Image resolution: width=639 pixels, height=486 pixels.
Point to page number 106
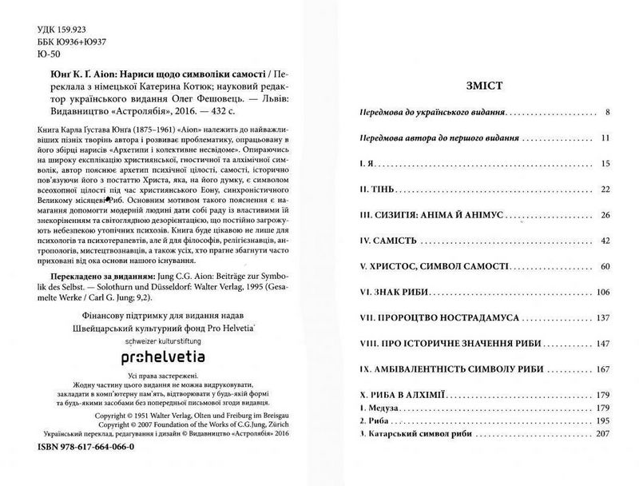[x=601, y=292]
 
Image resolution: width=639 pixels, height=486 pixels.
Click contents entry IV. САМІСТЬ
[x=386, y=240]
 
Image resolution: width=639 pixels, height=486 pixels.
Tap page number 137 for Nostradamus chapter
[x=601, y=318]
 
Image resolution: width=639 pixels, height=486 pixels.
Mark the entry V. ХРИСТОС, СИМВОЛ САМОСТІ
[x=418, y=265]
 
